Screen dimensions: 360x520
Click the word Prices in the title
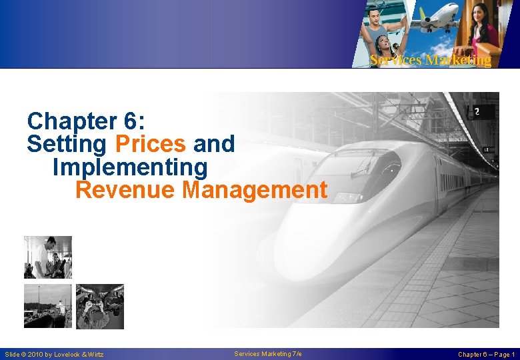point(150,144)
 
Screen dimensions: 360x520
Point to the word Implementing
point(130,167)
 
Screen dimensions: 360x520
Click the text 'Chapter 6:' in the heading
point(91,121)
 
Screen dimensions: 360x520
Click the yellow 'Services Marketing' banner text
point(430,61)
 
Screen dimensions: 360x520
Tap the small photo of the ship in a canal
point(47,306)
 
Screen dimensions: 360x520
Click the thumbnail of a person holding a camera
point(99,307)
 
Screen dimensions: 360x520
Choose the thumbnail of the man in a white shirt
point(47,257)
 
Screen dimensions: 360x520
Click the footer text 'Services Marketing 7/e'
point(268,354)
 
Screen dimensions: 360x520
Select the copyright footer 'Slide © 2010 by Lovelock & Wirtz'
point(54,354)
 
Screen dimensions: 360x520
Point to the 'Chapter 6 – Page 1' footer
point(486,354)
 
